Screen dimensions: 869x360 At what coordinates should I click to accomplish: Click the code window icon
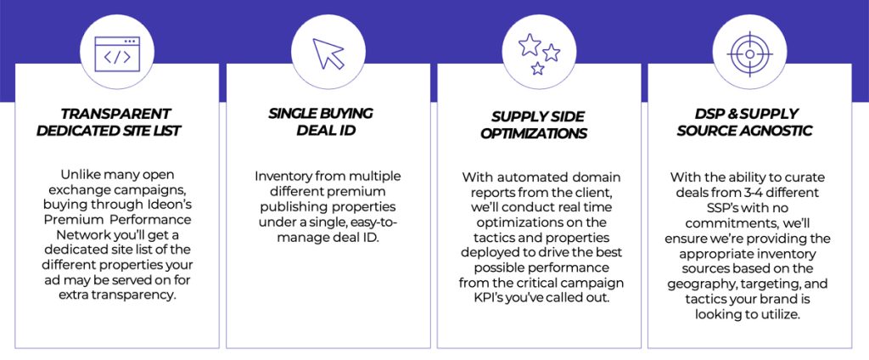tap(117, 53)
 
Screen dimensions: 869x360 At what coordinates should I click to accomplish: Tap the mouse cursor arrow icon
tap(328, 53)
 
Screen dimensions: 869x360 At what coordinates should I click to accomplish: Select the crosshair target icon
tap(749, 53)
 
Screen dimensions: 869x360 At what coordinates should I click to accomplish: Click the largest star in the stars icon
tap(530, 44)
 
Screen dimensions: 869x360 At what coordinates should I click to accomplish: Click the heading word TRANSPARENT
tap(115, 115)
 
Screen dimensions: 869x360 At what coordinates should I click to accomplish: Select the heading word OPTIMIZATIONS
tap(533, 134)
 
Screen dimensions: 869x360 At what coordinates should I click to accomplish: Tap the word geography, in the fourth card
tap(697, 284)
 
